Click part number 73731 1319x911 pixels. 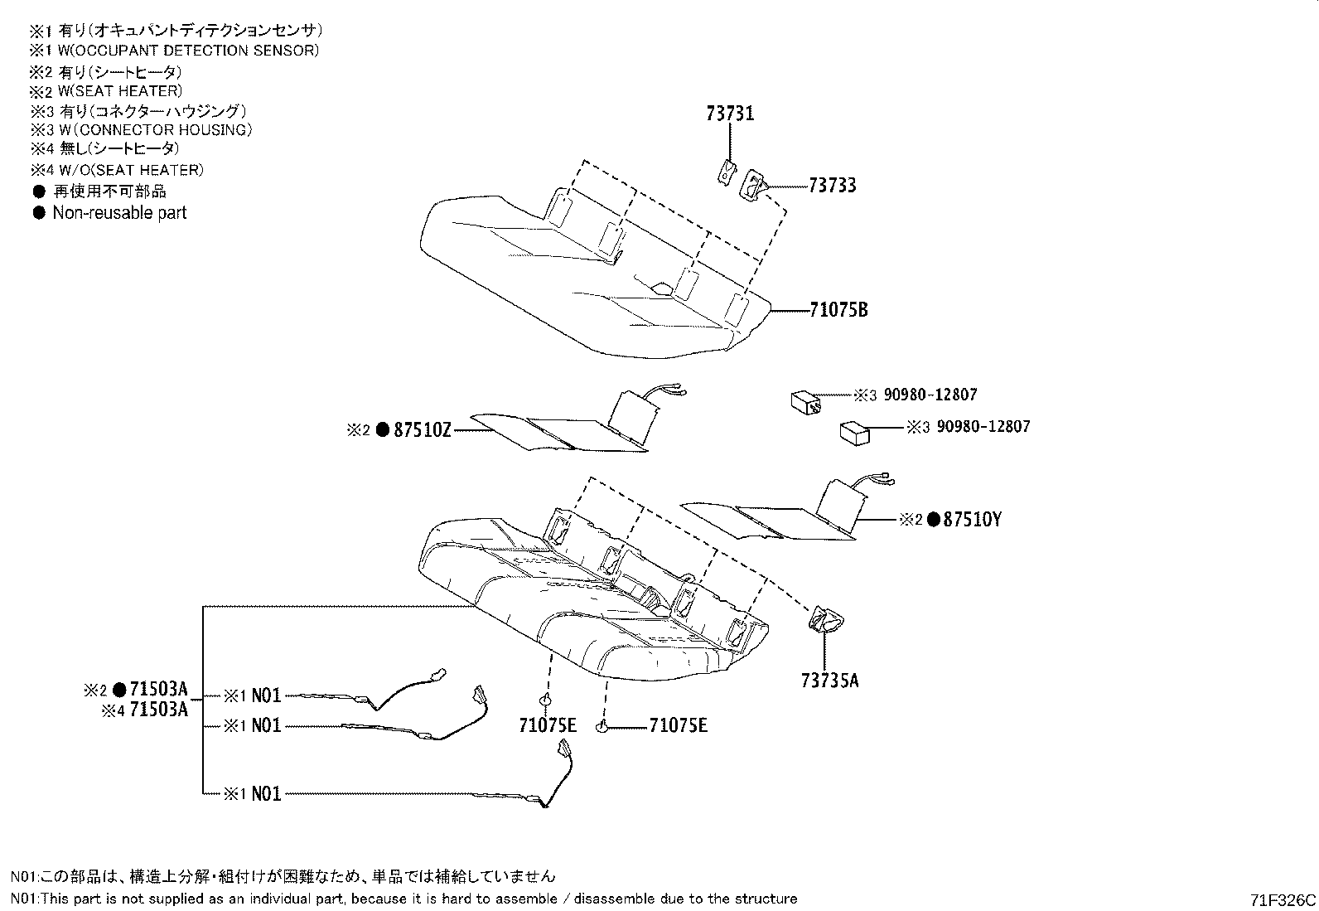730,114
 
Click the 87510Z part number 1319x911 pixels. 422,430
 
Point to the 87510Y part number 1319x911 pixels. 973,521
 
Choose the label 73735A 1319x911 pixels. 829,681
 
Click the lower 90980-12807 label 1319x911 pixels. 983,427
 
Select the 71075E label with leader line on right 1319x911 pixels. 679,726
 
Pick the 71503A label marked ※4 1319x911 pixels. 159,710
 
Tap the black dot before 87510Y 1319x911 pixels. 933,521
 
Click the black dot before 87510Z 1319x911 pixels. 383,430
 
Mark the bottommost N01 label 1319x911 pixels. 266,794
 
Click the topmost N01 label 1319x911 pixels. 266,695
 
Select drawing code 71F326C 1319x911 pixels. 1283,900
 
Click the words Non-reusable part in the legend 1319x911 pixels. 119,213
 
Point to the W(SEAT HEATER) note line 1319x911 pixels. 119,91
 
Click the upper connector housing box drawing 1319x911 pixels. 805,402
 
